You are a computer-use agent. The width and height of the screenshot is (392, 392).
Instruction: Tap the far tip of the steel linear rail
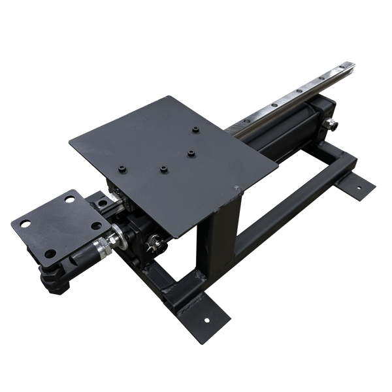(353, 63)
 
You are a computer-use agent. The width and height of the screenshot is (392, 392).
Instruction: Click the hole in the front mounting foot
(208, 321)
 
